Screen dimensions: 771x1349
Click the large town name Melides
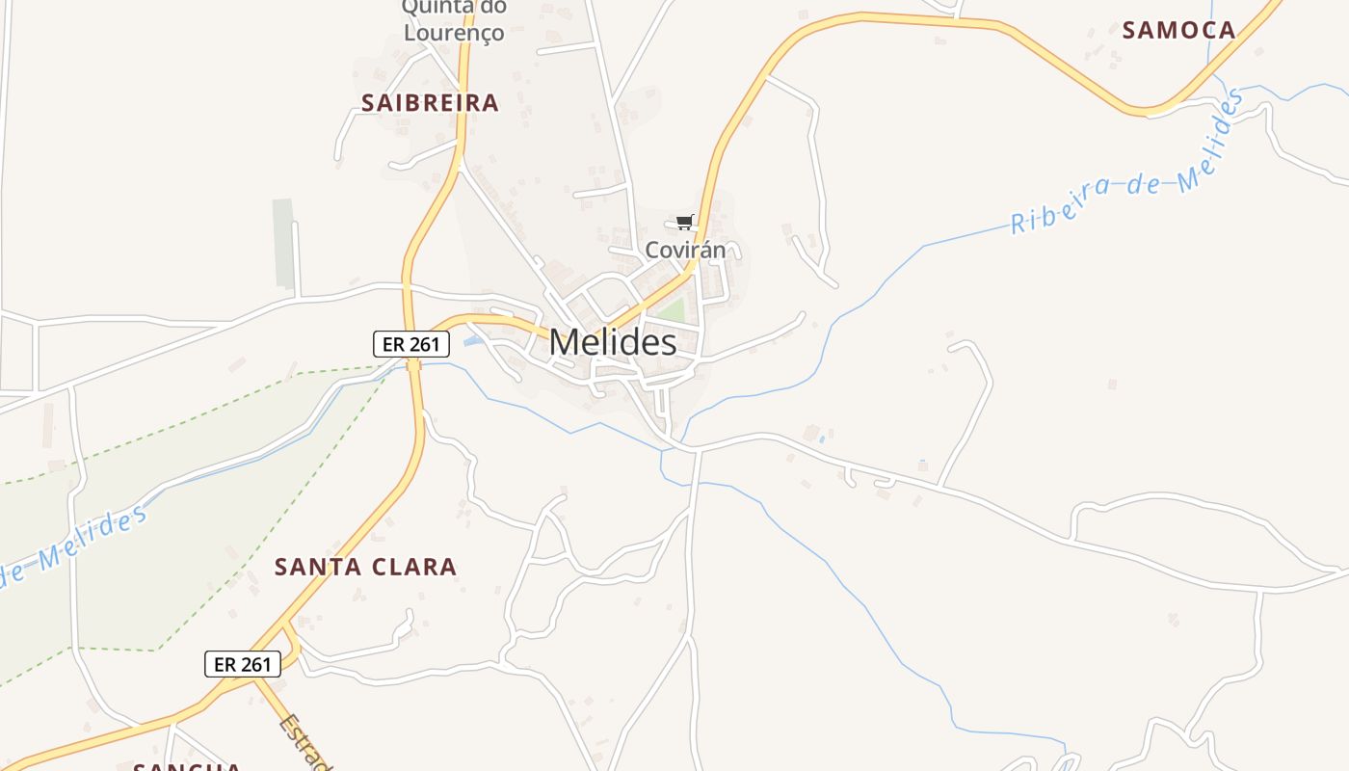point(613,342)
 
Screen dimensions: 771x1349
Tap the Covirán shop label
point(684,251)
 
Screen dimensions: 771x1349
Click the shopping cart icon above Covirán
point(685,223)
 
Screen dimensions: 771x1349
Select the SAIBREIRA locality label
point(430,103)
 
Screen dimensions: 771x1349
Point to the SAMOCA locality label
point(1178,31)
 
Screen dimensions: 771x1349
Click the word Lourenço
point(453,33)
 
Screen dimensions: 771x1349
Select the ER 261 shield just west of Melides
point(411,343)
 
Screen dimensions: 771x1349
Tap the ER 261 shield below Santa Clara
point(243,664)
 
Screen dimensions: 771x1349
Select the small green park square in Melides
point(672,310)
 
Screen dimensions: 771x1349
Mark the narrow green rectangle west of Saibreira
point(283,243)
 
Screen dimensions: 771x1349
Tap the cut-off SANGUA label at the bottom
point(188,766)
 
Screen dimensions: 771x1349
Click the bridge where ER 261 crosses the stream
point(414,364)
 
